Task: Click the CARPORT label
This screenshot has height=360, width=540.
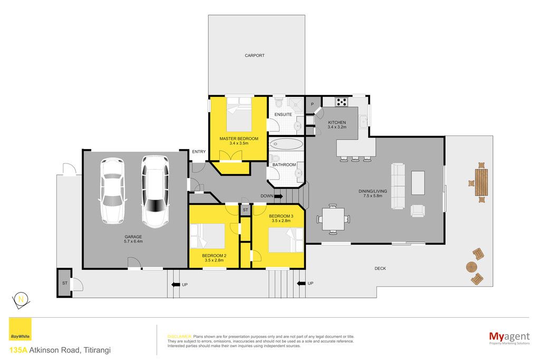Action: (255, 55)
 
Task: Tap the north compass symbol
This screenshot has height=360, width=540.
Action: (21, 300)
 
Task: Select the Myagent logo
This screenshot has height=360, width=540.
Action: (509, 337)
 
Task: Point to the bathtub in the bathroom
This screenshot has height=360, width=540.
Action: (286, 143)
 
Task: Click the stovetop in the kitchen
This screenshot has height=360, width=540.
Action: (342, 102)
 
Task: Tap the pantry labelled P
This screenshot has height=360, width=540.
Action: (312, 104)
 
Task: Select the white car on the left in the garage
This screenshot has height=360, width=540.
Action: (112, 191)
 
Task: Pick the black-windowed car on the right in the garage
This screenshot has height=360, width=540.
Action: (155, 192)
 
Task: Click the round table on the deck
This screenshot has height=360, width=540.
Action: (471, 267)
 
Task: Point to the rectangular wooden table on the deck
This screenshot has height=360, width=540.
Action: (481, 182)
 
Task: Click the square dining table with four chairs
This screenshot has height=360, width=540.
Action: (333, 219)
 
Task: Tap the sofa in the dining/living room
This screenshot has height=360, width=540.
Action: (398, 186)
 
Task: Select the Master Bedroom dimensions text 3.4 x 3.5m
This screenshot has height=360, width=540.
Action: (239, 143)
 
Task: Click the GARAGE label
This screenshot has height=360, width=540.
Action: (133, 237)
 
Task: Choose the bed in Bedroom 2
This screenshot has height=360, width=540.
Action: (207, 236)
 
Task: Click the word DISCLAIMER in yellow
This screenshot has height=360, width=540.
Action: (179, 337)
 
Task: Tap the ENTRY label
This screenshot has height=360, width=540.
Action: (199, 152)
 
